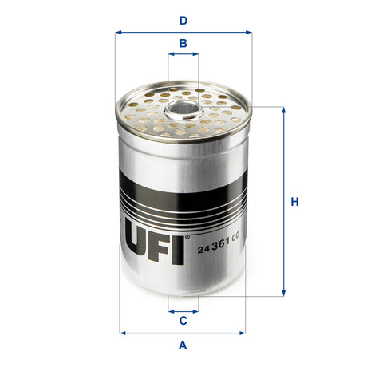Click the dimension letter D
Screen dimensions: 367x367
click(x=183, y=21)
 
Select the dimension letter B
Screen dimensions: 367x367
click(x=183, y=43)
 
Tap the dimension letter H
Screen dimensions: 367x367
click(x=294, y=202)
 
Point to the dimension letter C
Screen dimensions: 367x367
click(x=183, y=321)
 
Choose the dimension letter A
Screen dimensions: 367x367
click(x=183, y=345)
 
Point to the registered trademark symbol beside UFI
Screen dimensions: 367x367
click(x=187, y=237)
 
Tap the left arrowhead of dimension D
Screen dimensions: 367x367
click(x=118, y=33)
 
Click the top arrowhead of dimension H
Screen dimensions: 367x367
click(x=283, y=109)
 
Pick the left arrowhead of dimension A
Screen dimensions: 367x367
click(x=122, y=332)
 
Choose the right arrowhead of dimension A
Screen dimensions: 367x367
click(x=243, y=332)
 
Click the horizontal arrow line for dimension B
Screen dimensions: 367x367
click(x=183, y=56)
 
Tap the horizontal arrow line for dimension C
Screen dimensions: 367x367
click(x=183, y=310)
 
